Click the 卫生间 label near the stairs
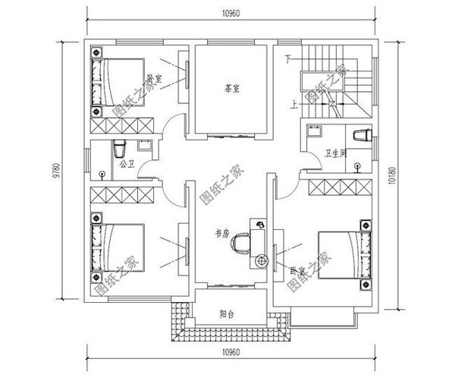pos(336,153)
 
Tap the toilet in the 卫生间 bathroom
pos(362,134)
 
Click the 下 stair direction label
pos(288,59)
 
